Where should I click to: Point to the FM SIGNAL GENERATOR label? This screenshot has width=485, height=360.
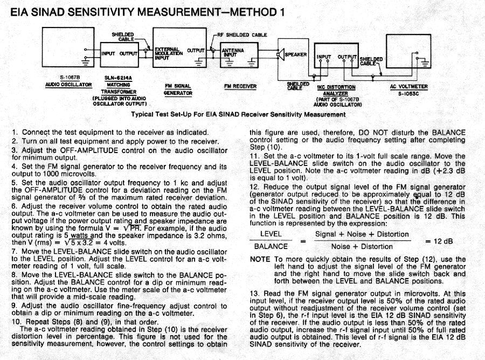pyautogui.click(x=178, y=89)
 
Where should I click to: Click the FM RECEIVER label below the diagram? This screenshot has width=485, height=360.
pyautogui.click(x=240, y=86)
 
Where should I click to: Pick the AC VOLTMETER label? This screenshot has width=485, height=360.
pyautogui.click(x=408, y=86)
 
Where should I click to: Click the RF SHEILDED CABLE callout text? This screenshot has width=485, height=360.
pyautogui.click(x=246, y=35)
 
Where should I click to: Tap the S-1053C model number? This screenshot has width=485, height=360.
pyautogui.click(x=408, y=93)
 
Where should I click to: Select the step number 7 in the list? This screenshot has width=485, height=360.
pyautogui.click(x=14, y=252)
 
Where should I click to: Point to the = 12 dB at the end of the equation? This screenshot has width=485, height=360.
pyautogui.click(x=440, y=241)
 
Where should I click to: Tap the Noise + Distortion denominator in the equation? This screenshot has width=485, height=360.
pyautogui.click(x=362, y=246)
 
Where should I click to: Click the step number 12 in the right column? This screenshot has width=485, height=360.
pyautogui.click(x=254, y=186)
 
